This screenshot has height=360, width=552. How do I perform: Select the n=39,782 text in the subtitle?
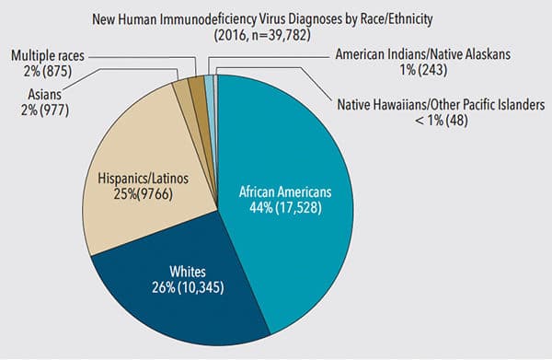point(281,35)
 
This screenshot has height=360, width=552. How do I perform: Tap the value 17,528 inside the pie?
point(298,208)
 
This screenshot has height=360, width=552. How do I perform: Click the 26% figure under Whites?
point(163,287)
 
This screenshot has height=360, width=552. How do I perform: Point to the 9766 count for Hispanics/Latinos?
point(155,194)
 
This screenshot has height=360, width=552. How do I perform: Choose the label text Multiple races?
point(48,55)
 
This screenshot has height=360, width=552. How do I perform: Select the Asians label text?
point(45,95)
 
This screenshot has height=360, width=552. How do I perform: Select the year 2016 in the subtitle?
point(231,35)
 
